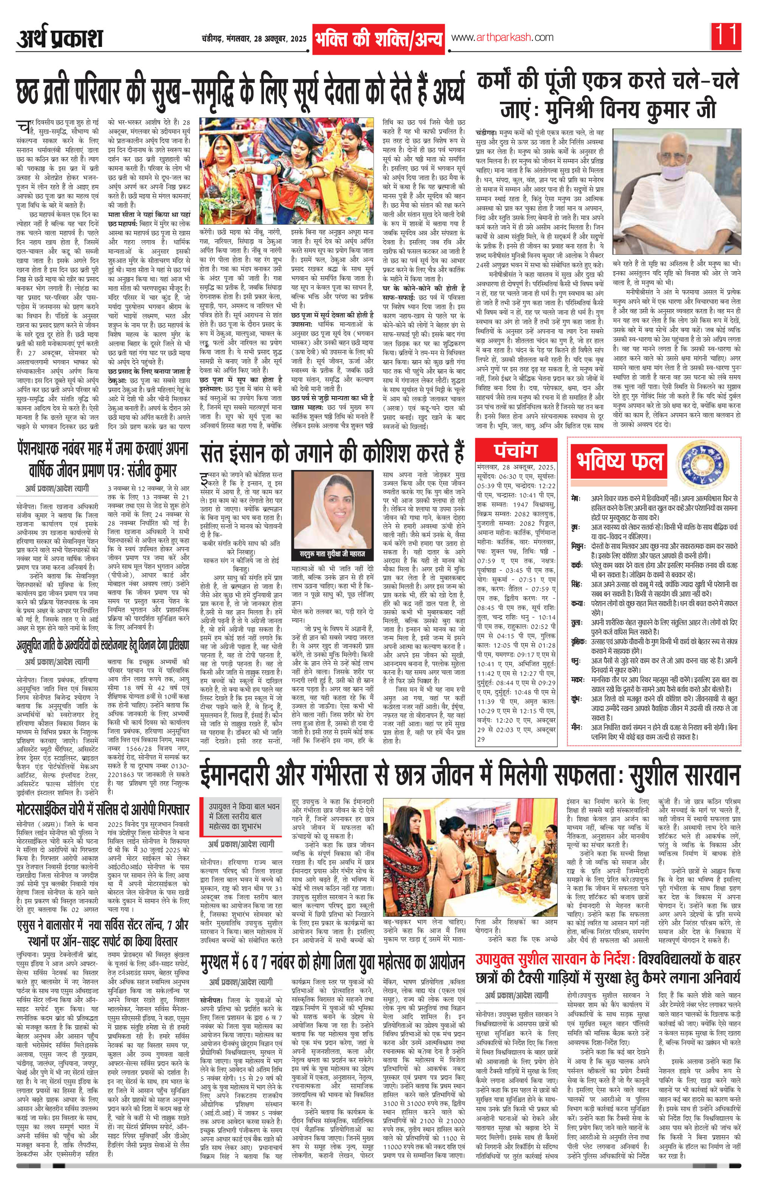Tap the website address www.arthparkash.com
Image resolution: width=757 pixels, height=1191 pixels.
(x=503, y=37)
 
